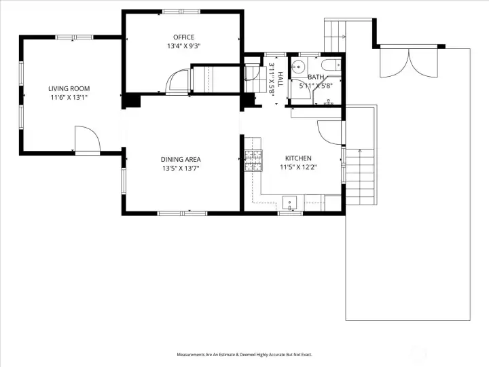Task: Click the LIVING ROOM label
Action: (x=69, y=88)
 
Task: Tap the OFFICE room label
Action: (x=183, y=37)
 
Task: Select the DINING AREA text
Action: (x=181, y=160)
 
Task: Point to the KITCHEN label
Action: (x=298, y=158)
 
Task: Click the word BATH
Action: (x=316, y=77)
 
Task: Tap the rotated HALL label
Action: (x=280, y=80)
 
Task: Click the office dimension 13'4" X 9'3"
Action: (x=183, y=46)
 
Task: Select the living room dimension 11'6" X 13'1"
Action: (x=69, y=98)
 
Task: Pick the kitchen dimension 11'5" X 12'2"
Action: (x=298, y=167)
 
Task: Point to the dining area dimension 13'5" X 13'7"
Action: (x=181, y=169)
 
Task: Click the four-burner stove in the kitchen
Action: (x=253, y=160)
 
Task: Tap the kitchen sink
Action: (x=290, y=203)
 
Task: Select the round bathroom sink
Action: (x=299, y=66)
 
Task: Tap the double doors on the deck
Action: (x=409, y=63)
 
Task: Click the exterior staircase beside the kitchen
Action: (x=360, y=177)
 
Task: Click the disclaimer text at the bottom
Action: (x=244, y=355)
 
